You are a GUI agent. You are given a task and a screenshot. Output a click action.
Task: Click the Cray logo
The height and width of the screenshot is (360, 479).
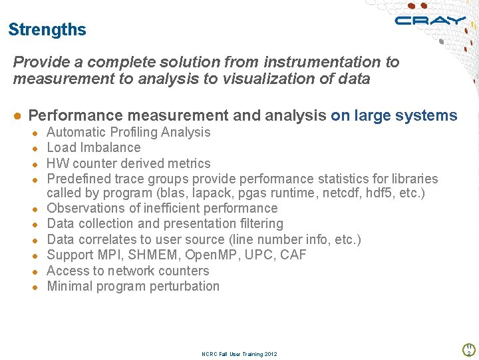430,21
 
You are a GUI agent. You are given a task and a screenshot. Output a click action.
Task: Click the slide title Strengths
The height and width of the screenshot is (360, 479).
47,30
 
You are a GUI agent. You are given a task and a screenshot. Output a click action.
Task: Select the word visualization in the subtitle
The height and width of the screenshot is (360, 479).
266,79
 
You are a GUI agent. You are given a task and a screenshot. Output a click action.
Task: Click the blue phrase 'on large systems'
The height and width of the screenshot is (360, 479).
394,115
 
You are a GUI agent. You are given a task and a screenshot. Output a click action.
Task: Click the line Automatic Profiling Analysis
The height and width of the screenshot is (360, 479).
128,132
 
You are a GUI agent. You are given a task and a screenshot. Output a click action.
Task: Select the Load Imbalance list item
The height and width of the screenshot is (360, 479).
94,147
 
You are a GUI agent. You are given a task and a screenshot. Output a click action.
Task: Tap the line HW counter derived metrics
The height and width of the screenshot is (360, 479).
128,163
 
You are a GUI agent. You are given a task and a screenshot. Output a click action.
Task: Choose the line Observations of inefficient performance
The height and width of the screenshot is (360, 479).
162,208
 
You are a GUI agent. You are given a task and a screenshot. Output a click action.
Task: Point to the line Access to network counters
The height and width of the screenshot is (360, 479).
128,271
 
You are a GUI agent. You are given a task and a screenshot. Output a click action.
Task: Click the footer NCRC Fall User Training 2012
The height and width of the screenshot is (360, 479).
239,354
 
